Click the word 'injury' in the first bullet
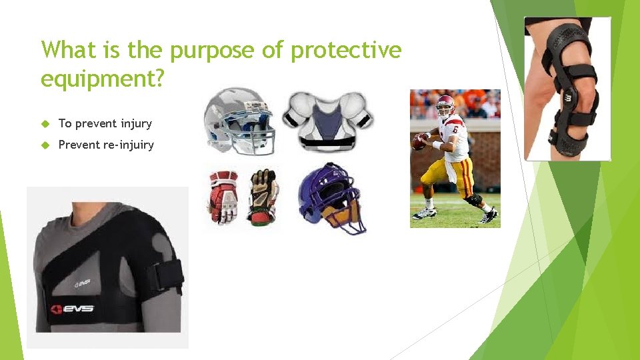(x=136, y=123)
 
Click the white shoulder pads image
(x=327, y=120)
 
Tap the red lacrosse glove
(x=223, y=197)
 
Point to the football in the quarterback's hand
(x=419, y=142)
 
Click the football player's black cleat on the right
(x=489, y=216)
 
